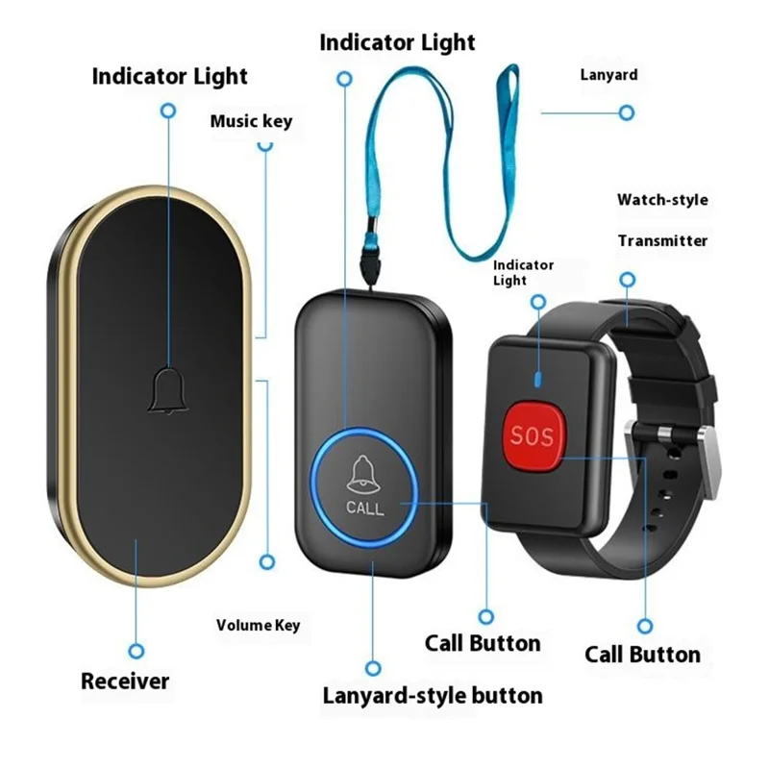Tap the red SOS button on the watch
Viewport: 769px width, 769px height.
point(532,434)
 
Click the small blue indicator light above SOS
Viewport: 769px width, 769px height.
point(539,377)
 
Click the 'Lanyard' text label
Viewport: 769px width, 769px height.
point(608,74)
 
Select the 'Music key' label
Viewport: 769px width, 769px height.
point(251,121)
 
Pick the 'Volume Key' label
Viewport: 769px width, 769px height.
point(258,625)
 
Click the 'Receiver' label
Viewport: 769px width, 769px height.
point(125,681)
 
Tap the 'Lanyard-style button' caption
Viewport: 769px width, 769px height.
point(433,694)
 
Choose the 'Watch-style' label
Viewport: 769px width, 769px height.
point(662,200)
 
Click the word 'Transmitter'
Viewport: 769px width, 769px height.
point(662,240)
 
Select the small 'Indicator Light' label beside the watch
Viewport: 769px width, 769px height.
point(524,272)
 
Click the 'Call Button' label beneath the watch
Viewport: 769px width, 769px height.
point(642,655)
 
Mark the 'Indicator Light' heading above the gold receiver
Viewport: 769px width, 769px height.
point(169,76)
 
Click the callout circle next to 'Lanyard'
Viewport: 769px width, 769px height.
point(627,112)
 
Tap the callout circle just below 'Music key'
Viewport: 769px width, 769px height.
point(265,145)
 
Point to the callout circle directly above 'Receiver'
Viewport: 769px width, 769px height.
point(137,651)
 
